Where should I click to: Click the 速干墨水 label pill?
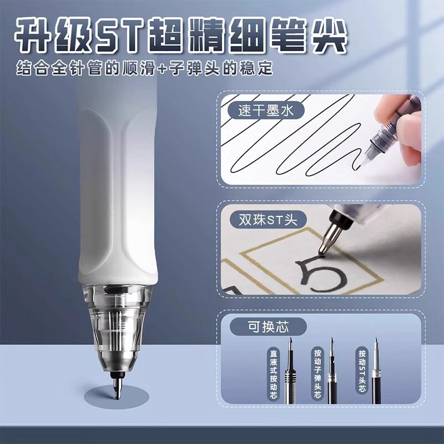point(266,110)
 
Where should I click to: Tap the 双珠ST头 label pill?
point(268,220)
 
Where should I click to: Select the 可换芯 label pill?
point(268,327)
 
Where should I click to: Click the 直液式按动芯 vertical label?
point(273,374)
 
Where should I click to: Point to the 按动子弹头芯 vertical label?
point(317,373)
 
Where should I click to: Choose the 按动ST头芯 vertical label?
point(362,370)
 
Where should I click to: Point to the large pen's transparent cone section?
point(118,329)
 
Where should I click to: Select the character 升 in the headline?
point(33,36)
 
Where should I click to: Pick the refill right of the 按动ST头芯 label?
point(376,370)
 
